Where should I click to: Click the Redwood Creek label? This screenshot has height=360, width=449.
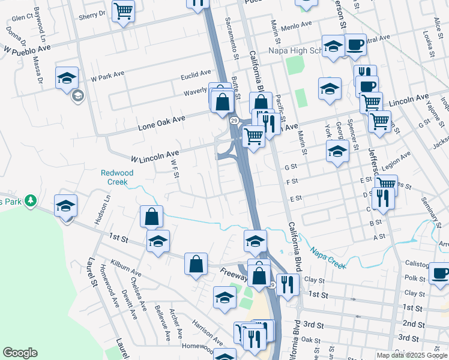pyautogui.click(x=117, y=177)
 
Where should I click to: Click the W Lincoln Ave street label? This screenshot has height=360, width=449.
pyautogui.click(x=155, y=156)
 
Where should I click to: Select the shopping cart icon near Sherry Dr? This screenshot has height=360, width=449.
pyautogui.click(x=124, y=11)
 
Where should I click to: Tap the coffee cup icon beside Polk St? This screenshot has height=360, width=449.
pyautogui.click(x=439, y=274)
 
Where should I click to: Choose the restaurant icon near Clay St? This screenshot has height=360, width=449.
pyautogui.click(x=288, y=284)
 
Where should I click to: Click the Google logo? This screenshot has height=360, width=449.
pyautogui.click(x=20, y=353)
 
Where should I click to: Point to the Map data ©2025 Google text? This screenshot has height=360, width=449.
pyautogui.click(x=412, y=355)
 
